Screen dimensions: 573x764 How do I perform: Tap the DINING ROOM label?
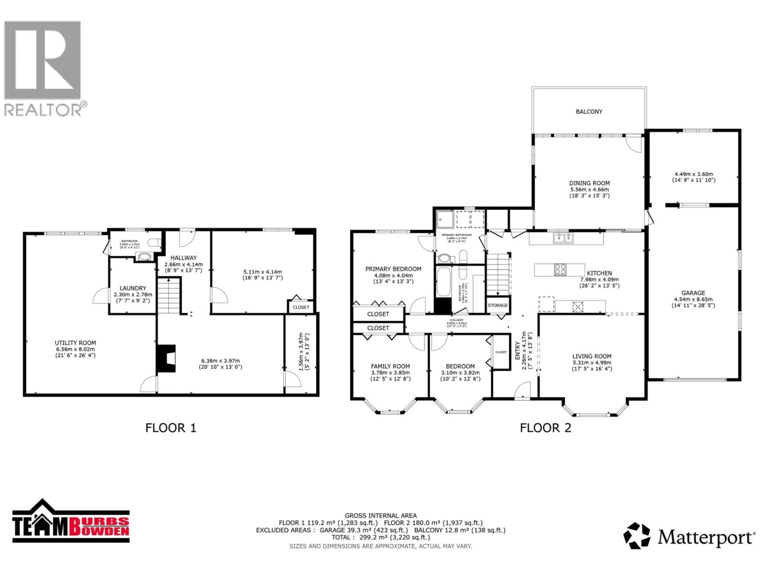coord(589,183)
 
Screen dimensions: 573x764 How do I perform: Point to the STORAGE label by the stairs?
coord(498,305)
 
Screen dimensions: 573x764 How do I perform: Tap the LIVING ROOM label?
coord(592,356)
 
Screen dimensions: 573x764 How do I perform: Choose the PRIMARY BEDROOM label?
coord(393,269)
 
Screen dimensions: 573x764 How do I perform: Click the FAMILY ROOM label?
coord(390,366)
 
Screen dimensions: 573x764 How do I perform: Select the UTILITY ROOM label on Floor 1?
coord(75,343)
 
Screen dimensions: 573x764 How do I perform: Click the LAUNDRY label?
coord(133,288)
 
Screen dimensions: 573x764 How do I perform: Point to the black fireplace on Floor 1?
coord(167,359)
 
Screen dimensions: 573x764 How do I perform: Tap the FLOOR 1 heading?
coord(171,428)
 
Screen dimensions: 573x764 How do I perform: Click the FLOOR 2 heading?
coord(545,428)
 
